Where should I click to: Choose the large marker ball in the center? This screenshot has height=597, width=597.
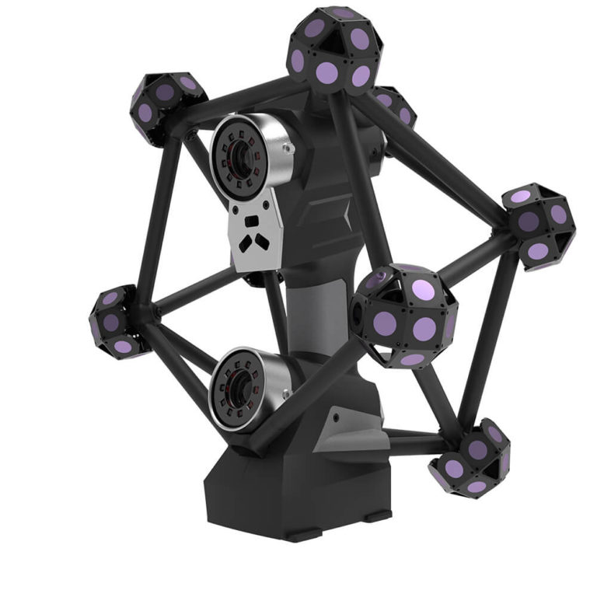coord(404,315)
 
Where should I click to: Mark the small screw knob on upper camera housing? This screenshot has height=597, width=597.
coord(289,145)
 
